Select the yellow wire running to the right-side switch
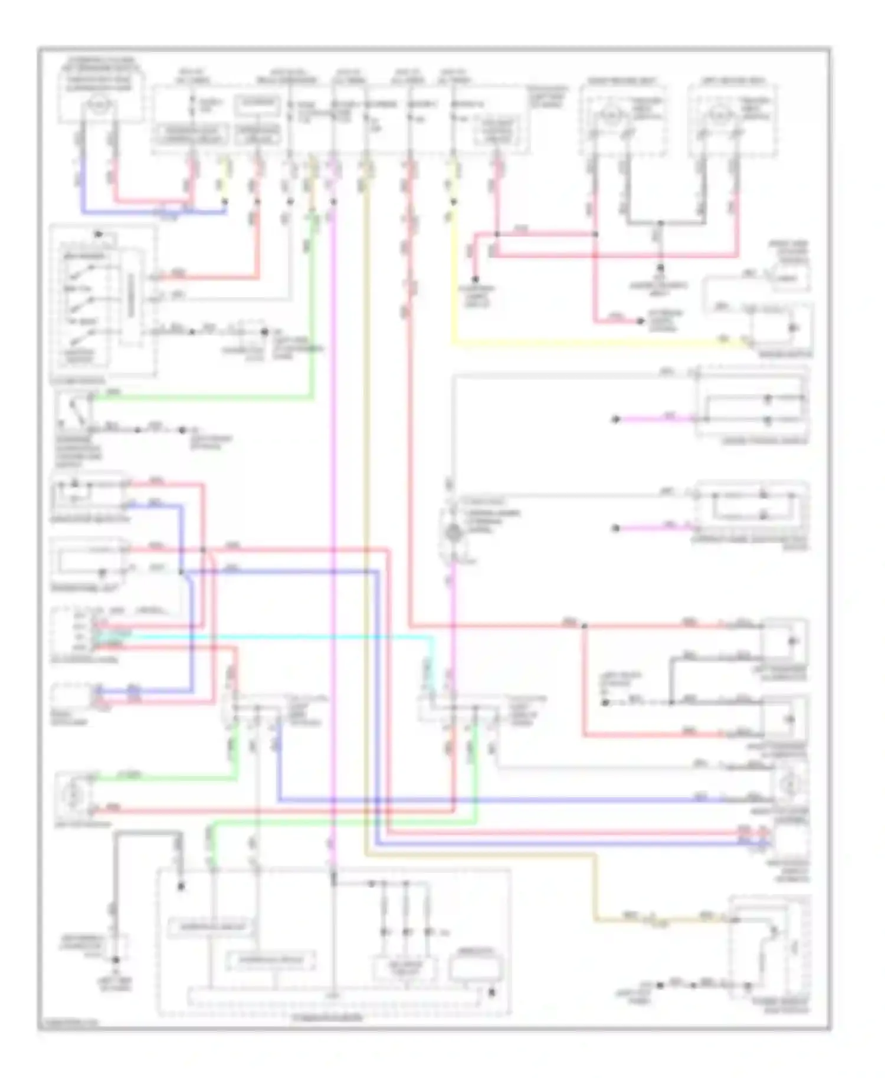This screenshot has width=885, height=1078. pyautogui.click(x=590, y=342)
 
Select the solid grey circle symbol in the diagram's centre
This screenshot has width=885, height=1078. pyautogui.click(x=453, y=533)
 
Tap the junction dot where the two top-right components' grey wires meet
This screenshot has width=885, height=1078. pyautogui.click(x=661, y=224)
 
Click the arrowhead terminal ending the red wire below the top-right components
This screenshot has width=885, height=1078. pyautogui.click(x=641, y=321)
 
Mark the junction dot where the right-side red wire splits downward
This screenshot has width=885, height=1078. pyautogui.click(x=584, y=626)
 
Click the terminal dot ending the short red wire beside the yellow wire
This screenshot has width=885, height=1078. pyautogui.click(x=475, y=280)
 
